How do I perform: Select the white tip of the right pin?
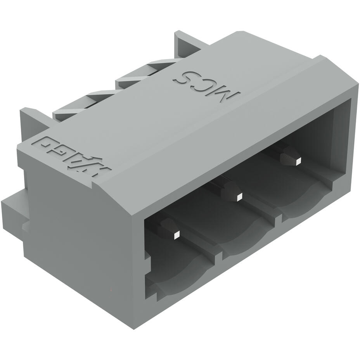(x=298, y=161)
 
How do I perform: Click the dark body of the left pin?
(x=168, y=227)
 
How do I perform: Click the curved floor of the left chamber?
(x=182, y=272)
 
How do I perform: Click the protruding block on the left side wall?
(x=14, y=211)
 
